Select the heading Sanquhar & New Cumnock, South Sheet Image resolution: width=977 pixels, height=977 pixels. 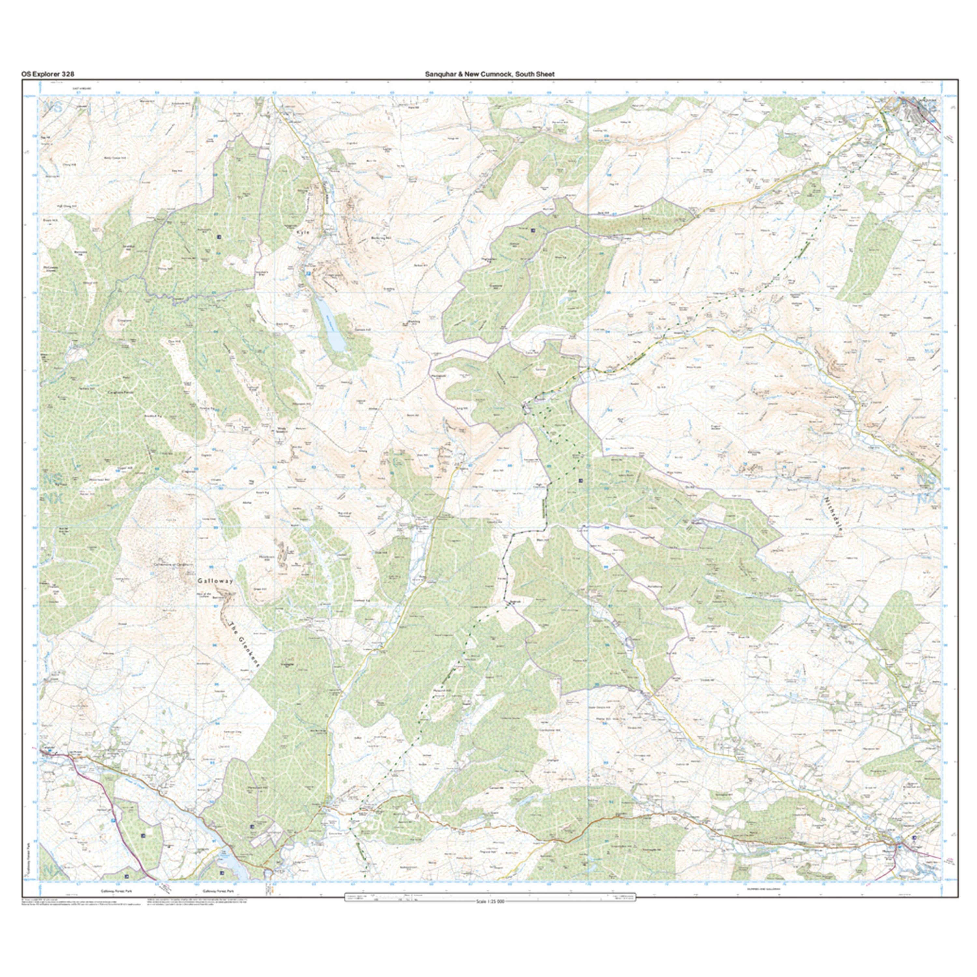[x=489, y=74]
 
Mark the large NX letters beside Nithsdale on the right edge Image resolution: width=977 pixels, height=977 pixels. [x=927, y=500]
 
